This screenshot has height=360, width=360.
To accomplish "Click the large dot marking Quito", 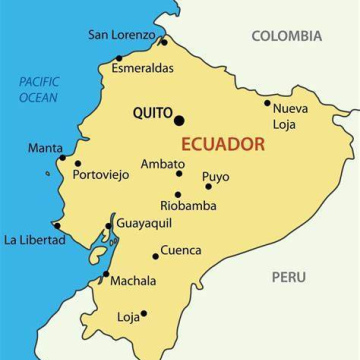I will [x=179, y=120].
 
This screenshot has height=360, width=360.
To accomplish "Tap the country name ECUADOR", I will [x=223, y=143].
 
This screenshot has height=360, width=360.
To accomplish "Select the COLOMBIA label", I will [x=286, y=36].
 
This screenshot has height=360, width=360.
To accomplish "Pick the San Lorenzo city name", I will [x=123, y=35].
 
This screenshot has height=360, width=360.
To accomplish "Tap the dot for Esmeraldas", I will [x=119, y=58].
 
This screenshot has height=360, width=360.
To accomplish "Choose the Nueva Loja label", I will [x=290, y=116].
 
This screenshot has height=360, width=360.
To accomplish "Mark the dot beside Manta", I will [x=62, y=157].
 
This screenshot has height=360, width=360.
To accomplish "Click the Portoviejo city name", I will [x=101, y=174].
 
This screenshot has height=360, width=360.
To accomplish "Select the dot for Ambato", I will [x=180, y=173].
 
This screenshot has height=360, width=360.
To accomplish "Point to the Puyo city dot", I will [x=208, y=186].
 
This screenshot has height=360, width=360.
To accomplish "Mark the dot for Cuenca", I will [x=156, y=256].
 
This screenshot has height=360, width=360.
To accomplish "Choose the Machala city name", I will [x=133, y=281].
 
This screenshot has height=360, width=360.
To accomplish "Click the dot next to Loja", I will [x=144, y=314].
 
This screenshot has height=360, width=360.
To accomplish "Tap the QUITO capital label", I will [x=152, y=114].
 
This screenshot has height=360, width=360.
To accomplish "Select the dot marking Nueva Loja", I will [x=267, y=102].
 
